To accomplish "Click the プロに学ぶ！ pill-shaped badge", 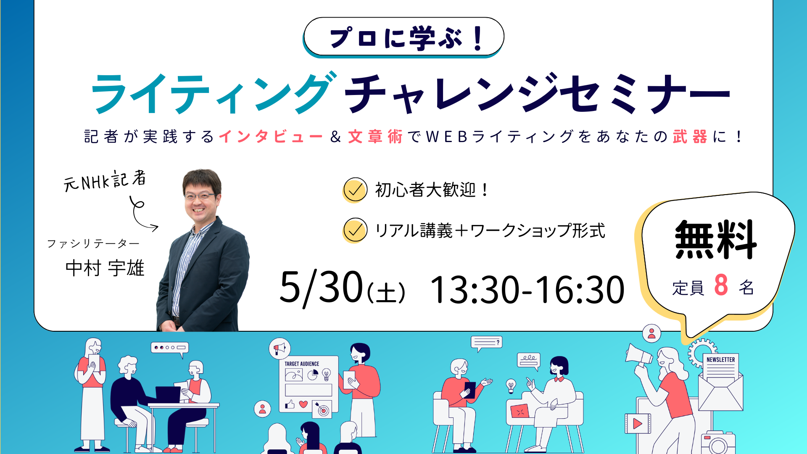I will point(403,37).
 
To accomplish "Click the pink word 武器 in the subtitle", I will point(690,137).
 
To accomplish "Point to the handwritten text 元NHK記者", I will point(105,181).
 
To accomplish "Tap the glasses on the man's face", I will point(200,196).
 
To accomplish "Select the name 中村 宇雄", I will point(105,268).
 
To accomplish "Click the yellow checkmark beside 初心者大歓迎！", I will point(355,190).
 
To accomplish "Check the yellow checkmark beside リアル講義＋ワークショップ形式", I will point(355,230).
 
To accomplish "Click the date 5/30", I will point(321,288).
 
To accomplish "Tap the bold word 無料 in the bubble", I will point(715,240).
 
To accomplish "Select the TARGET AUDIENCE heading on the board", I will point(302,364).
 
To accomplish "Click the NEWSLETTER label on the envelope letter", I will point(720,360).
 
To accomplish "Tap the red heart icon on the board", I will point(303,404).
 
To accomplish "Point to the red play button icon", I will point(637,423).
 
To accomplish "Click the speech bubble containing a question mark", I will point(487,343).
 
